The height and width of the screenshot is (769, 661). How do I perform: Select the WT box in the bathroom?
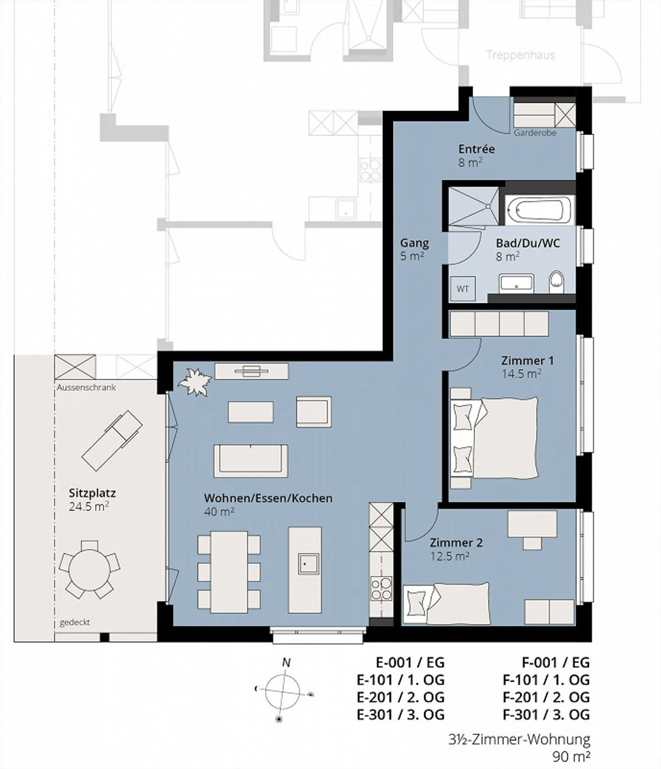point(463,289)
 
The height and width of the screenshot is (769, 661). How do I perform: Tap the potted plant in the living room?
point(195,381)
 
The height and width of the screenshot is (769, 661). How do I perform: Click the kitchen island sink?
point(308,564)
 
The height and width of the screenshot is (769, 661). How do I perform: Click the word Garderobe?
point(535,133)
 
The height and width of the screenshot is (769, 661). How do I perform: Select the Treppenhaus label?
point(521,55)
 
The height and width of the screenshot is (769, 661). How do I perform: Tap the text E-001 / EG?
point(410,662)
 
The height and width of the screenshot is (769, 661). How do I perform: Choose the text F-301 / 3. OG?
point(546,715)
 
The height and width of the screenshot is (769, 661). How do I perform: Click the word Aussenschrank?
point(86,387)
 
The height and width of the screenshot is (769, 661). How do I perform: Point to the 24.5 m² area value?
point(89,507)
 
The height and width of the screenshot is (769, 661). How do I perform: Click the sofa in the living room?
point(251,461)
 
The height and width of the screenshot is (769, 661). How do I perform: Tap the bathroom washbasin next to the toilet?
point(516,283)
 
